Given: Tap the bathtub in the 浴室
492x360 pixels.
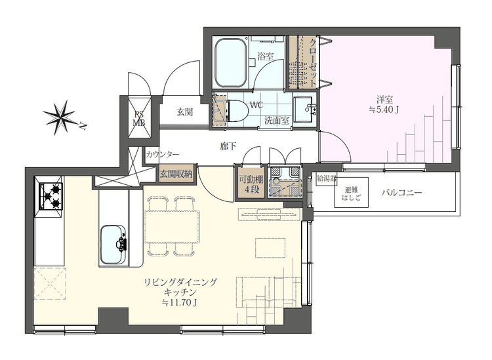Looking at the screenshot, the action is pyautogui.click(x=231, y=64).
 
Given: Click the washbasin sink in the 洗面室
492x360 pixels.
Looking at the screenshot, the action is pyautogui.click(x=304, y=109).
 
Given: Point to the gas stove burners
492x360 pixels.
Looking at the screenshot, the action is pyautogui.click(x=51, y=197).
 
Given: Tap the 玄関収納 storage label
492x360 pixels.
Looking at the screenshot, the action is pyautogui.click(x=176, y=174).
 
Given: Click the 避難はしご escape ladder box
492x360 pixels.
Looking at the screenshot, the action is pyautogui.click(x=351, y=193).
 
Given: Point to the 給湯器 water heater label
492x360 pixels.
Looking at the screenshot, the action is pyautogui.click(x=326, y=179).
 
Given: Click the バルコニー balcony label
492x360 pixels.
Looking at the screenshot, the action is pyautogui.click(x=401, y=193).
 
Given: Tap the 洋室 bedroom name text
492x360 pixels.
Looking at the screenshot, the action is pyautogui.click(x=384, y=100).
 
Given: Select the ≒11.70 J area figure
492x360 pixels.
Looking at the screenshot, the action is pyautogui.click(x=179, y=302).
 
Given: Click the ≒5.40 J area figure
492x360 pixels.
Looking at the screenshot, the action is pyautogui.click(x=384, y=110).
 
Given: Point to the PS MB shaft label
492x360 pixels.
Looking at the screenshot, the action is pyautogui.click(x=139, y=118).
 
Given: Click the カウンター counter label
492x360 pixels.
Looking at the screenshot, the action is pyautogui.click(x=163, y=154).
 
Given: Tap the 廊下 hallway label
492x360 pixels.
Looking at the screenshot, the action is pyautogui.click(x=228, y=146).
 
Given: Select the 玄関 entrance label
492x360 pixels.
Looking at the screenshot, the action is pyautogui.click(x=184, y=112).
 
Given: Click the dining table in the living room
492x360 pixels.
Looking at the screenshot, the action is pyautogui.click(x=172, y=226).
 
